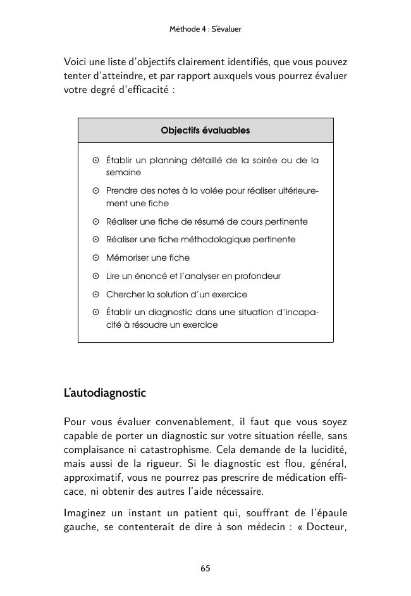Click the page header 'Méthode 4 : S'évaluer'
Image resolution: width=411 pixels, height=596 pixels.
205,29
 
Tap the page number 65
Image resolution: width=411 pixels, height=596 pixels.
205,568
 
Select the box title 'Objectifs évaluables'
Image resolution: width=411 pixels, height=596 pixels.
205,130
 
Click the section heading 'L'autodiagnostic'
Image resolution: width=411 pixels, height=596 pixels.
105,393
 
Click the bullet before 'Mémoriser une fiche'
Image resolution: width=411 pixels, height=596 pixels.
95,258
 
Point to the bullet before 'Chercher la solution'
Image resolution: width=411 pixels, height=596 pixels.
95,295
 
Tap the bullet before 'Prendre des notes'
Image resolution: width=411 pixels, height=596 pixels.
95,190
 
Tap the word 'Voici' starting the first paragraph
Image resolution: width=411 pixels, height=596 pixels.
76,63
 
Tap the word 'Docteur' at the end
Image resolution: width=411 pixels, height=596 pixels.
326,526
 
